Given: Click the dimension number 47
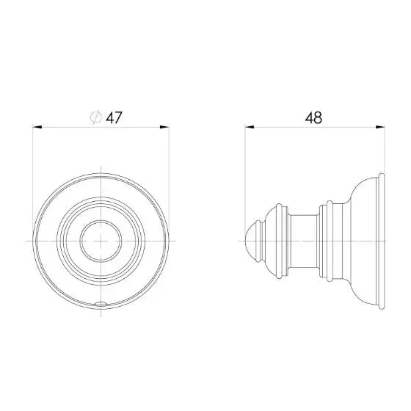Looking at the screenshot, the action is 114,118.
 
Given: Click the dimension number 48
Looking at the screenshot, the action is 313,118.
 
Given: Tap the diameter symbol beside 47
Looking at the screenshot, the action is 96,117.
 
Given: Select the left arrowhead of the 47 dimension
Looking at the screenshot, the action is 37,128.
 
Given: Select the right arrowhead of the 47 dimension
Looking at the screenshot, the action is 164,128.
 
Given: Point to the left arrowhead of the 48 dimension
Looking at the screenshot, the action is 250,128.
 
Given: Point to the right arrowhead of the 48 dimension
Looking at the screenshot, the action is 380,128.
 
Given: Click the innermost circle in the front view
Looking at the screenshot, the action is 101,220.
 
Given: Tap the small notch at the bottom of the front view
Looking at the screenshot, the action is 101,304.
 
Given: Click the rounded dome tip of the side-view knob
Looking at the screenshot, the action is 251,241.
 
